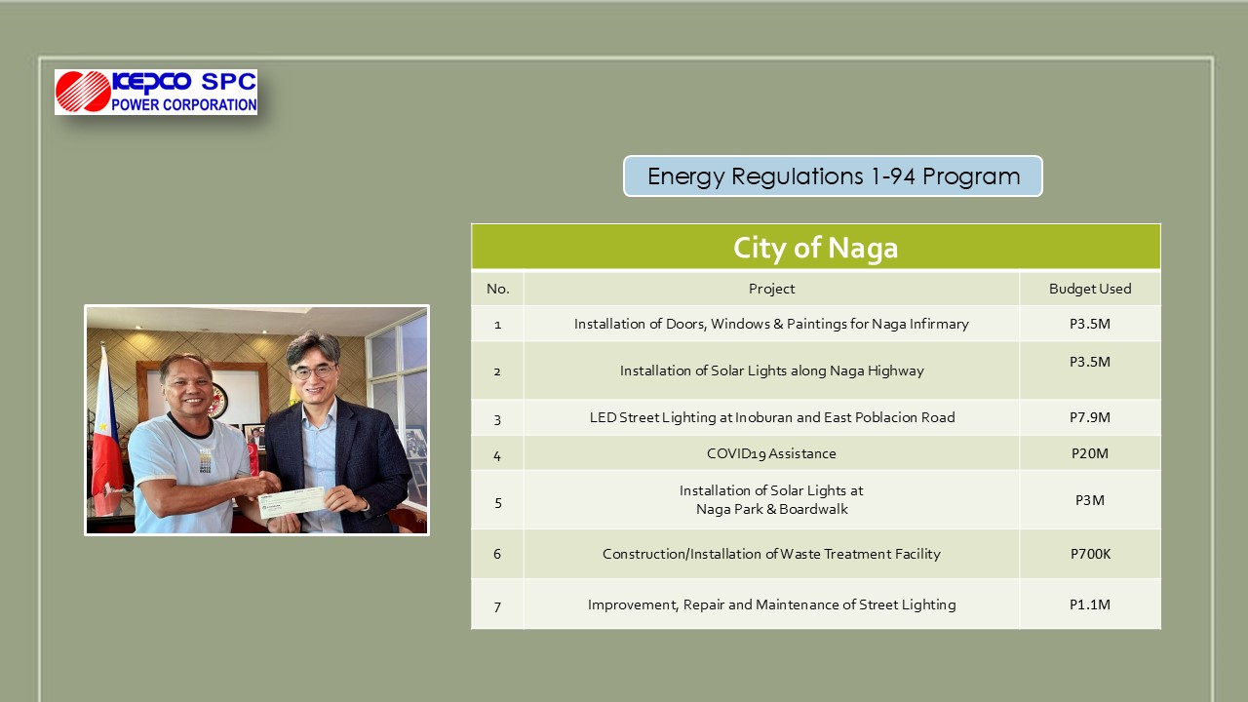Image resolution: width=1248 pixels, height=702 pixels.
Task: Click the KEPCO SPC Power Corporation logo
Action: (x=156, y=92)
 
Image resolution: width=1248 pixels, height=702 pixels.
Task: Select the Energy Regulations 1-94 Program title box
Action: (x=833, y=176)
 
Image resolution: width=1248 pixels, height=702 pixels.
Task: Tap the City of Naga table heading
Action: (x=816, y=247)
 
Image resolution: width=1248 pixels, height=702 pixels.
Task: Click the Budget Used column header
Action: (x=1090, y=289)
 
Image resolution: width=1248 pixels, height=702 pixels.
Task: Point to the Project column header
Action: (x=771, y=289)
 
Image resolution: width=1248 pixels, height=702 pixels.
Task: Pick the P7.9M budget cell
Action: (x=1090, y=417)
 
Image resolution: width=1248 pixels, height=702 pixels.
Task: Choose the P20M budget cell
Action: (x=1090, y=453)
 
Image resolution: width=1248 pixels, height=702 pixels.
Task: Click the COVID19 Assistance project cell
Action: (x=771, y=453)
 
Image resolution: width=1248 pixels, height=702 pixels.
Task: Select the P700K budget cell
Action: (x=1090, y=554)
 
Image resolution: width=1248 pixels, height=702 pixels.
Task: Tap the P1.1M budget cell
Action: (x=1090, y=604)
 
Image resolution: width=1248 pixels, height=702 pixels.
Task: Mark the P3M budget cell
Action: (x=1090, y=500)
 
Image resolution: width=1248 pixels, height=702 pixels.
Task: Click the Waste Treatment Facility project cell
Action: (x=771, y=554)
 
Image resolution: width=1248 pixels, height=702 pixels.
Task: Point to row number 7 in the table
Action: (x=497, y=605)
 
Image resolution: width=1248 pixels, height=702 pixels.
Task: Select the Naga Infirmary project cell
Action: (x=771, y=324)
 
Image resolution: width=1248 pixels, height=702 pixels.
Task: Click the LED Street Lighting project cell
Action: (x=771, y=417)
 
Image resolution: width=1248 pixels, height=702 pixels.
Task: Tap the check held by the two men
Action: (x=292, y=502)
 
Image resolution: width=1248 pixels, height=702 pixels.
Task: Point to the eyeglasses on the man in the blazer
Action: (x=313, y=371)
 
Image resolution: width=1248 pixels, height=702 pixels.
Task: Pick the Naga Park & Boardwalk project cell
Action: (x=771, y=500)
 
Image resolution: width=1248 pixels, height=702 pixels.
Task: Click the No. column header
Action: (x=497, y=289)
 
